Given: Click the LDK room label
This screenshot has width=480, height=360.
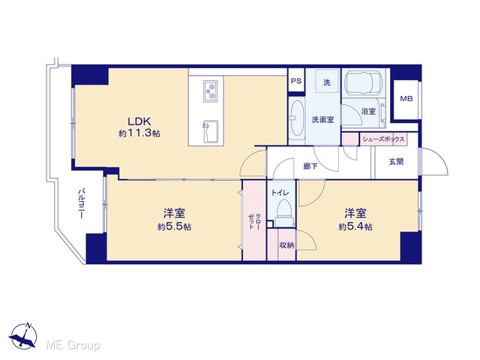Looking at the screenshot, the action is click(x=139, y=121).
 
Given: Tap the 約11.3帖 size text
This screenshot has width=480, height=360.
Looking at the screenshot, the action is click(x=139, y=133).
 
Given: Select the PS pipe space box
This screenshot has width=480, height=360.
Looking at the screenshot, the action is click(x=296, y=81).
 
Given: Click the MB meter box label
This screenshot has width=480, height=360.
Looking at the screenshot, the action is click(x=406, y=98).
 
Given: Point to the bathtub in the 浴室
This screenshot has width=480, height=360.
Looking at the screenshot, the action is click(x=364, y=82).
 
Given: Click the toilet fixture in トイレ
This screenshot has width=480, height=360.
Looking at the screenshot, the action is click(x=285, y=213).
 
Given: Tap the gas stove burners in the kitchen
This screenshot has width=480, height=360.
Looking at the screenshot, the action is click(x=210, y=91).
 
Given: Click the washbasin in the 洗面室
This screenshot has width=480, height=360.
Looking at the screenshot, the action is click(x=297, y=118).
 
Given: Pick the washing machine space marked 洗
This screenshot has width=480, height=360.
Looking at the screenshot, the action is click(x=327, y=81).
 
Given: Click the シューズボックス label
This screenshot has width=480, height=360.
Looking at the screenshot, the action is click(x=383, y=139).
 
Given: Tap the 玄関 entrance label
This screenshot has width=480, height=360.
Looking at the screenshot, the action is click(x=396, y=161).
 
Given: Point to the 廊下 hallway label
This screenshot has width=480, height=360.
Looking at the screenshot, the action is click(x=310, y=166).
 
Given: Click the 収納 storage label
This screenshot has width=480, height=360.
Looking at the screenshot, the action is click(x=286, y=245).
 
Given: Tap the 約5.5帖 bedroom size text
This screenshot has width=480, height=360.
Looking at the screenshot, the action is click(x=175, y=226).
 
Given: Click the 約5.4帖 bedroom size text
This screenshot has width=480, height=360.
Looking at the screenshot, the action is click(x=355, y=226).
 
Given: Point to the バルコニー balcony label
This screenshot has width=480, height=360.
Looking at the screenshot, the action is click(x=81, y=203).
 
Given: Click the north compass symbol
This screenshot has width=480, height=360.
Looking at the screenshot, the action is click(x=23, y=336).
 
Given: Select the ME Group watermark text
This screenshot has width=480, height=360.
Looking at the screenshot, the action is click(x=73, y=345).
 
